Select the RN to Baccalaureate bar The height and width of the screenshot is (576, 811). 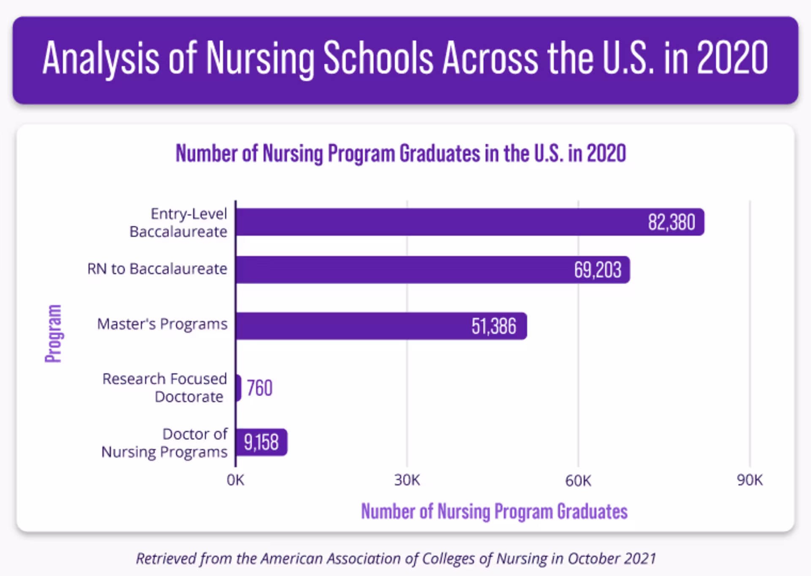(x=401, y=269)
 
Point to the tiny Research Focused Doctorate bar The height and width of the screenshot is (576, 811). (x=239, y=388)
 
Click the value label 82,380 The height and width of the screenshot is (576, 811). (x=672, y=222)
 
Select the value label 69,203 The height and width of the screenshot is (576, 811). (x=597, y=270)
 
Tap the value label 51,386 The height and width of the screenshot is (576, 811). (x=494, y=326)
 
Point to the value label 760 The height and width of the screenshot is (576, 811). (x=259, y=388)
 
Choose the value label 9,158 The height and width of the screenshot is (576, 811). (x=261, y=443)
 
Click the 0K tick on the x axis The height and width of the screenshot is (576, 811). (x=235, y=480)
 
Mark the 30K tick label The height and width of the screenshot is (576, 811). (x=407, y=480)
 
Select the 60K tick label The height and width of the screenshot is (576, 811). (x=578, y=480)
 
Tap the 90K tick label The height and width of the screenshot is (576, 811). (x=750, y=480)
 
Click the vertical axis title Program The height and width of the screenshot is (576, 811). (x=54, y=333)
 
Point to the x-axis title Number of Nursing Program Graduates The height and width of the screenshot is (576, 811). (x=494, y=511)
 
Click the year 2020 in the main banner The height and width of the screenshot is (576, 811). (x=732, y=58)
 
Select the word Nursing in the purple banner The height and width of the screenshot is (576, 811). (x=260, y=58)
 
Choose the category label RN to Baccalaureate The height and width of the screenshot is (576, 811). (x=157, y=269)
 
